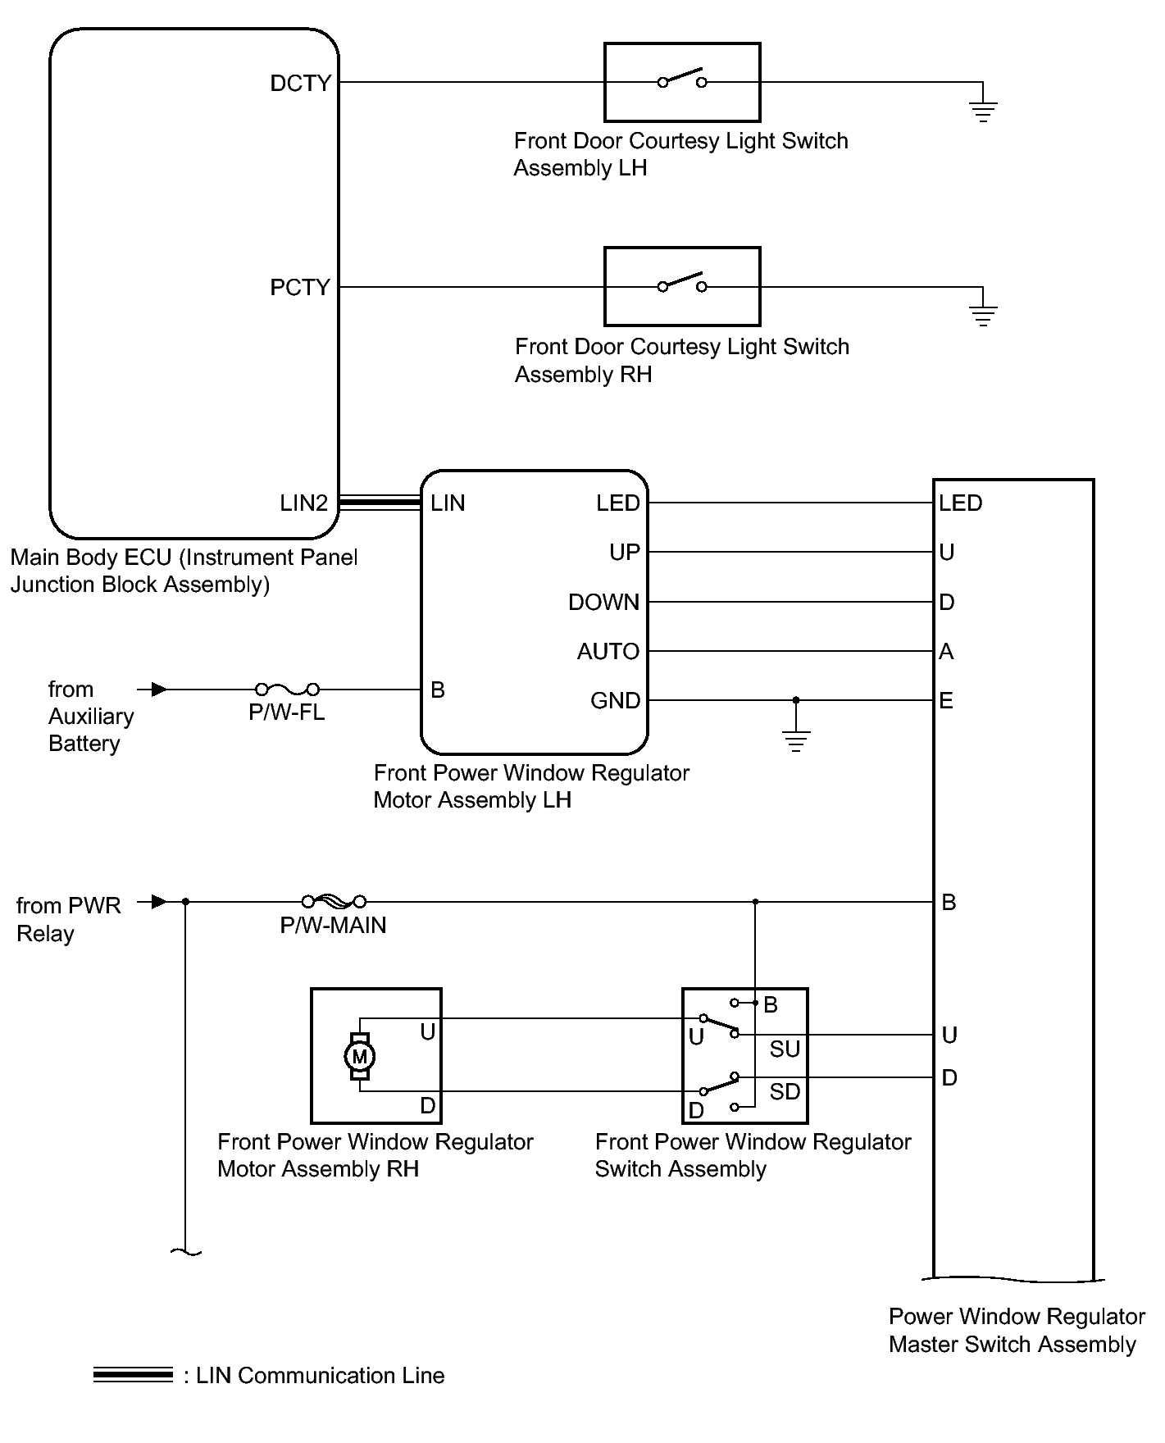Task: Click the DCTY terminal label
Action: [300, 83]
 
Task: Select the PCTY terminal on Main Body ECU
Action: [300, 287]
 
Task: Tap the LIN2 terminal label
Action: [303, 503]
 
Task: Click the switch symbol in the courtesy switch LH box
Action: [682, 79]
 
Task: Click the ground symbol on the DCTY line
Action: [983, 112]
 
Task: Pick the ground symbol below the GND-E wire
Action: [796, 741]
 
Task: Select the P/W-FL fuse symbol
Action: [288, 689]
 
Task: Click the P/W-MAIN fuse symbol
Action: [334, 901]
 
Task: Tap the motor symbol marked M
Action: [359, 1056]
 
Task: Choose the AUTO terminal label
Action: [608, 652]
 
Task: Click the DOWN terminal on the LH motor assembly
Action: [603, 603]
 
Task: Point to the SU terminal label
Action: [785, 1049]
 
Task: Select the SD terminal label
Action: [785, 1091]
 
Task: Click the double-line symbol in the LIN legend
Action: [133, 1375]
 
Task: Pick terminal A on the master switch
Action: [946, 652]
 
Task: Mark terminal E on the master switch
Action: [946, 701]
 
